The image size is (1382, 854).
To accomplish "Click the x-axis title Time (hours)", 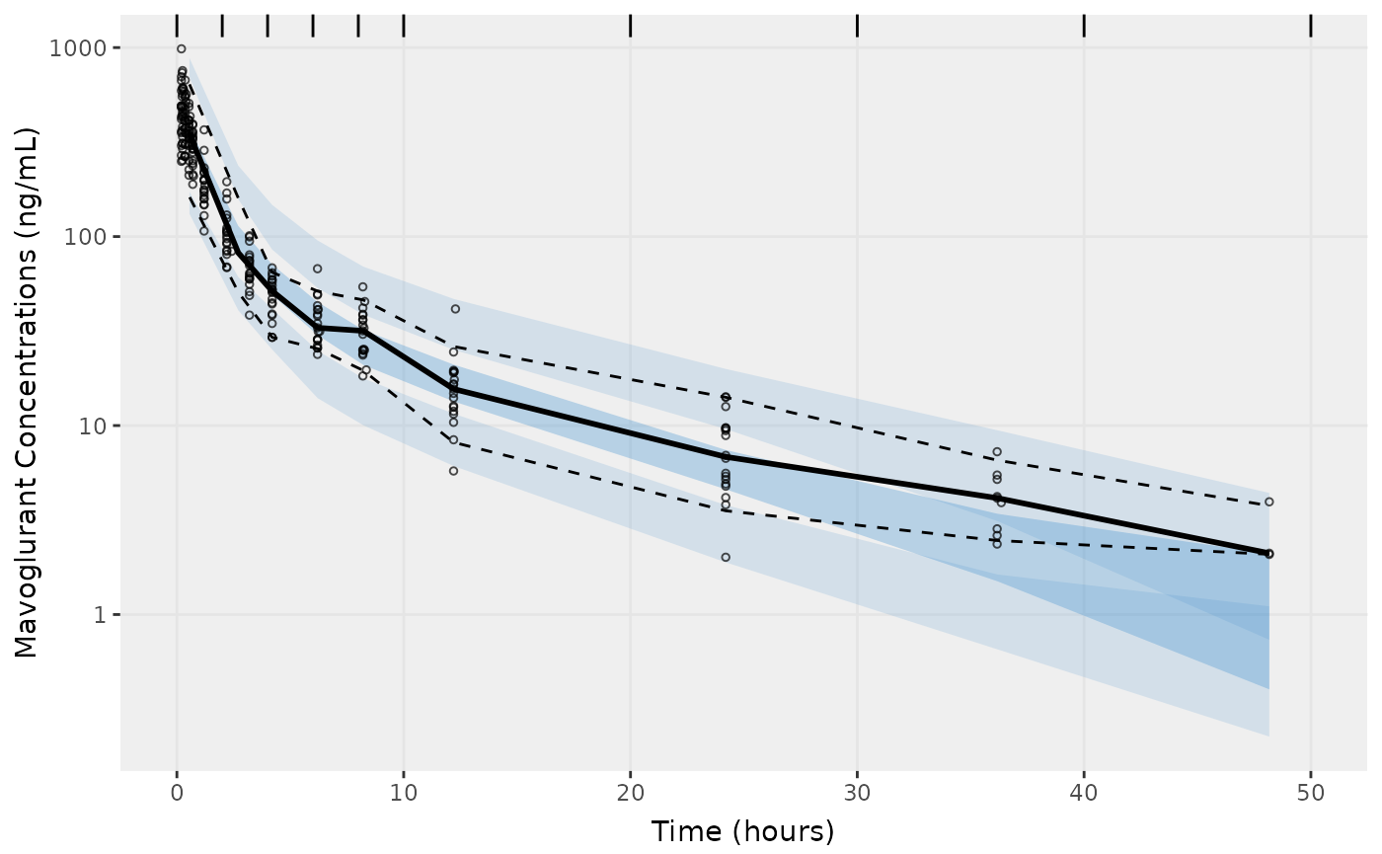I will (742, 831).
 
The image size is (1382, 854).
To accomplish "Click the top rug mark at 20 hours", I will (630, 26).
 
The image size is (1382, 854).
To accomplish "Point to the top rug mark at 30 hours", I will (857, 26).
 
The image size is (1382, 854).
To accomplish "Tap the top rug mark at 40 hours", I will (1084, 26).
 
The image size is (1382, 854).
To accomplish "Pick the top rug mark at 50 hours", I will (1310, 26).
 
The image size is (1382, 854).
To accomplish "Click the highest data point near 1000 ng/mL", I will (181, 48).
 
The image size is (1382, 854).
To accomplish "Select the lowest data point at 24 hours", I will (726, 557).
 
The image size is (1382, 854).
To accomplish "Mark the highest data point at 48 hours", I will (1268, 502).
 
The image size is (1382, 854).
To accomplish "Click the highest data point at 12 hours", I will (455, 309).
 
